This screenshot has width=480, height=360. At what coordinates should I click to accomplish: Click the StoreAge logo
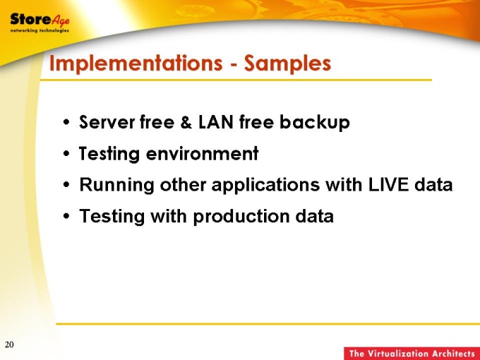[40, 23]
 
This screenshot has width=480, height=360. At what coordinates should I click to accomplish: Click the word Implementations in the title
[136, 64]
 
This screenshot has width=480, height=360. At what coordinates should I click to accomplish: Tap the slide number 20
[9, 344]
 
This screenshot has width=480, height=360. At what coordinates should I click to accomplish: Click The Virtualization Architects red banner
[412, 354]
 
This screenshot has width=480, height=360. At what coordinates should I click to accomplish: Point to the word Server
[107, 122]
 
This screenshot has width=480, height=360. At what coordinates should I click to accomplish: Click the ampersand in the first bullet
[186, 122]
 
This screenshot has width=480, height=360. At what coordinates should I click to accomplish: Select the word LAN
[216, 121]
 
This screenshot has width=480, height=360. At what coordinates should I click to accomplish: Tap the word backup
[315, 123]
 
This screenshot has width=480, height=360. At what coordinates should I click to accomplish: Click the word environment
[203, 153]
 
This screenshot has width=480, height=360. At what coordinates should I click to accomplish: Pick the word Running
[116, 186]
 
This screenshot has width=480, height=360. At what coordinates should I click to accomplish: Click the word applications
[265, 186]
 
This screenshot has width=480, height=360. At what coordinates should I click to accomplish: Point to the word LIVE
[388, 185]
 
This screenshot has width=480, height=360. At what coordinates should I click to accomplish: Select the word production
[241, 217]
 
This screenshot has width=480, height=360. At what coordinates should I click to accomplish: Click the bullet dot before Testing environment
[66, 154]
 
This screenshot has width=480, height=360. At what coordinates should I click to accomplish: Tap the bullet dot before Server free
[66, 122]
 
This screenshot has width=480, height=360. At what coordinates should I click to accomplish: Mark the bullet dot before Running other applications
[66, 185]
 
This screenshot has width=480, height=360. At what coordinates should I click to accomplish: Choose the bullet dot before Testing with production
[66, 216]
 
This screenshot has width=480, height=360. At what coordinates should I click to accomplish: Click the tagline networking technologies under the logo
[40, 30]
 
